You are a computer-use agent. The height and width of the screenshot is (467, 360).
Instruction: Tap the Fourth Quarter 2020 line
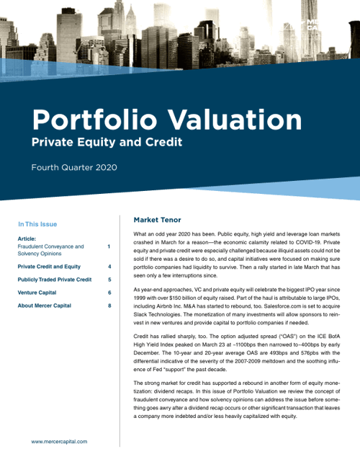click(73, 168)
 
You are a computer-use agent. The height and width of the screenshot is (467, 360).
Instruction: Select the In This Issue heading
click(37, 224)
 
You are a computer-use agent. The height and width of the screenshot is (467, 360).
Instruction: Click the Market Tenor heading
click(157, 220)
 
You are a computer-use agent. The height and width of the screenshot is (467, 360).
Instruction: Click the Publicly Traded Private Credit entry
click(55, 279)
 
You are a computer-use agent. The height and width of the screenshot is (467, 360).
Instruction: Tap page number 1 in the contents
click(109, 246)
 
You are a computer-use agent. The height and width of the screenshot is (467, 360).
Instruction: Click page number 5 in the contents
click(109, 279)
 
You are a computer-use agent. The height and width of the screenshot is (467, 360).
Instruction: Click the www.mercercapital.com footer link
click(59, 441)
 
